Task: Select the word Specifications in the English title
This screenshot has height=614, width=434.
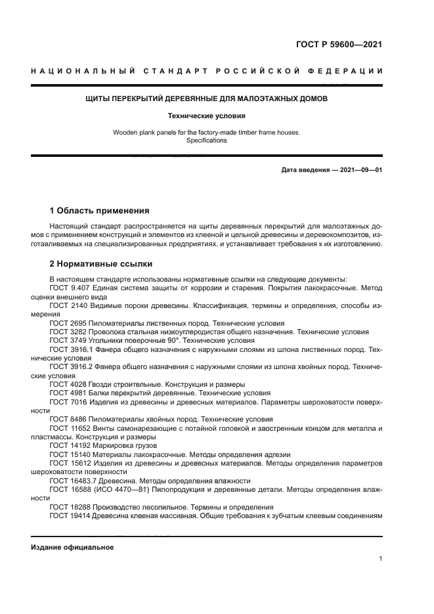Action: (206, 141)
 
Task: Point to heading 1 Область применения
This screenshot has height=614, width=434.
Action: (99, 211)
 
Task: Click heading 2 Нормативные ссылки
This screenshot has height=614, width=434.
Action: (101, 264)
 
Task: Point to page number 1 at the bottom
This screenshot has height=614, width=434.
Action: (380, 559)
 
